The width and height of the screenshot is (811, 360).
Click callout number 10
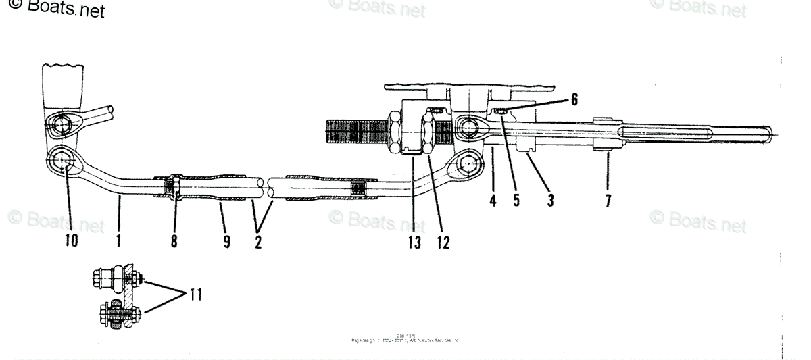point(71,240)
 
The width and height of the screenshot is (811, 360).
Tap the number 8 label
point(174,240)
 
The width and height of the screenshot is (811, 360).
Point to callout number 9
point(226,240)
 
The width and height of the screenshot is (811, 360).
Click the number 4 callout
point(493,201)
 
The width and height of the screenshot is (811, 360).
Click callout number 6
point(574,99)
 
